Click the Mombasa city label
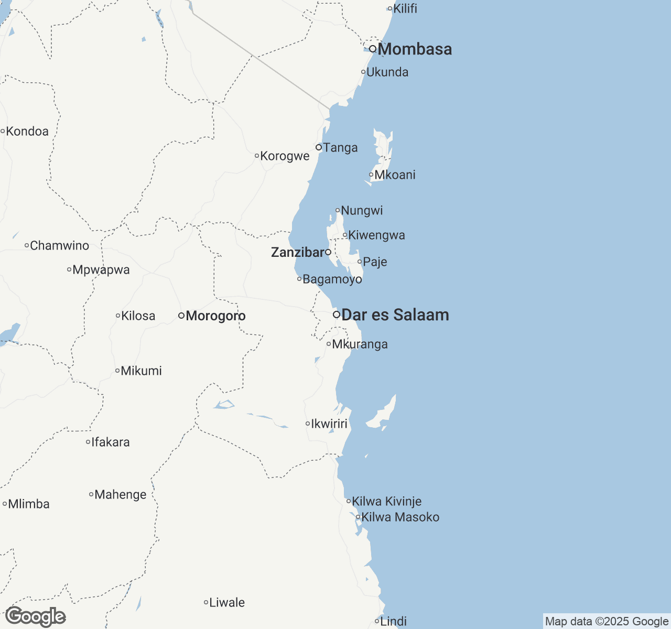pyautogui.click(x=414, y=49)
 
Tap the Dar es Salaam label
pyautogui.click(x=395, y=315)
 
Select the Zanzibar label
pyautogui.click(x=298, y=253)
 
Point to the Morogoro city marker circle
pyautogui.click(x=181, y=316)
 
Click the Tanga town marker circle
pyautogui.click(x=319, y=147)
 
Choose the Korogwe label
pyautogui.click(x=285, y=156)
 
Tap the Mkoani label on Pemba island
pyautogui.click(x=395, y=175)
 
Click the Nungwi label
pyautogui.click(x=362, y=211)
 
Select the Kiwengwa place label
pyautogui.click(x=376, y=235)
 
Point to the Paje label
pyautogui.click(x=375, y=262)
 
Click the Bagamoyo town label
pyautogui.click(x=332, y=279)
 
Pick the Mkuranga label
pyautogui.click(x=360, y=344)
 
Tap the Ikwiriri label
pyautogui.click(x=329, y=424)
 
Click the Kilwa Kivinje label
pyautogui.click(x=386, y=502)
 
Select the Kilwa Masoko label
pyautogui.click(x=400, y=517)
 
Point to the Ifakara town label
pyautogui.click(x=110, y=442)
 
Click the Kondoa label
pyautogui.click(x=27, y=132)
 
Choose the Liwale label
pyautogui.click(x=226, y=603)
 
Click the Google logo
pyautogui.click(x=36, y=617)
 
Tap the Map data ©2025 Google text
pyautogui.click(x=607, y=622)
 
